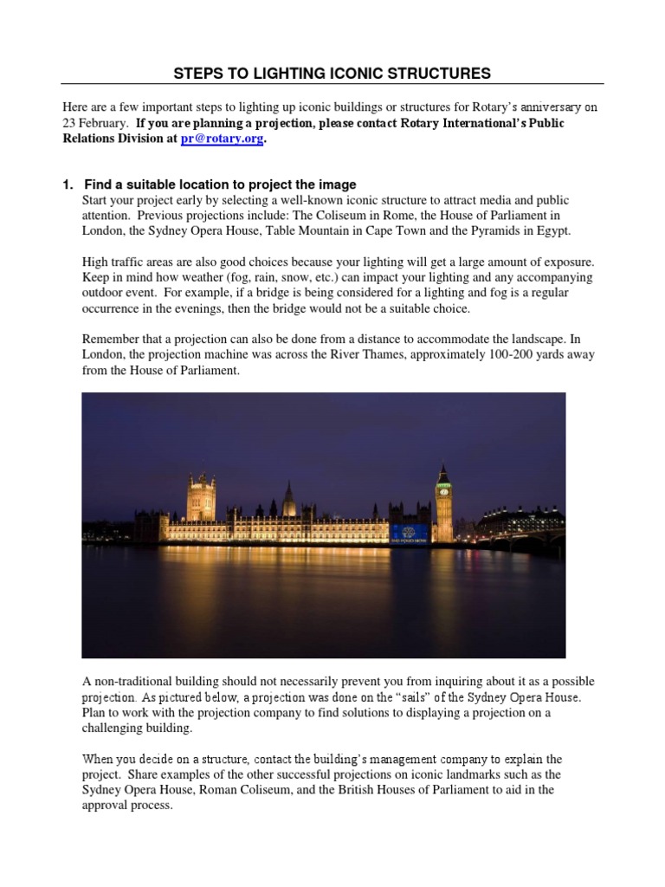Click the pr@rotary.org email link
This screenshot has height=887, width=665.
click(x=220, y=140)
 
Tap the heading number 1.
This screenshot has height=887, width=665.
click(x=67, y=185)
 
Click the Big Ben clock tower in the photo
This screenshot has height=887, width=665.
click(x=443, y=502)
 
